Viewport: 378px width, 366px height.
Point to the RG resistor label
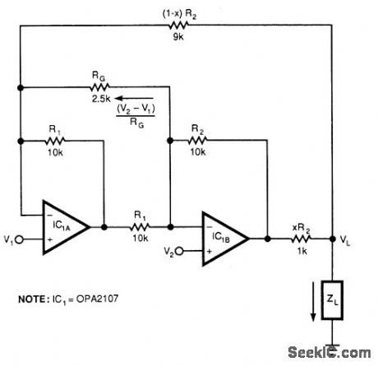point(99,73)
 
